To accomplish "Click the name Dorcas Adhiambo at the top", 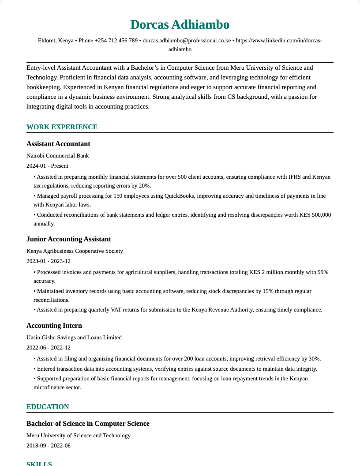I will coord(180,25).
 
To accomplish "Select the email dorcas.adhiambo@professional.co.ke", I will coord(187,41).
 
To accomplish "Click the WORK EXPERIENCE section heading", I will coord(62,127).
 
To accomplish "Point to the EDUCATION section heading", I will coord(48,407).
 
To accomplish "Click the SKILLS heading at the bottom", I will coord(39,463).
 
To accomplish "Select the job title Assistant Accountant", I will coord(58,144).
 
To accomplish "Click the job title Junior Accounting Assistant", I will coord(69,239).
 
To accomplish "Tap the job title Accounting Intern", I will coord(54,326).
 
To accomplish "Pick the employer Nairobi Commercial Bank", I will coord(58,156).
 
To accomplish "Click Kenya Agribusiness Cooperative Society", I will coord(75,251).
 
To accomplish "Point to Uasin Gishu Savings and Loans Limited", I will coord(74,338).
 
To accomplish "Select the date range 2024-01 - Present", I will coord(47,166).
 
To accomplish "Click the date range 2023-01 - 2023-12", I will coord(49,261).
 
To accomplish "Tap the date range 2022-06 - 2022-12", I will coord(49,348).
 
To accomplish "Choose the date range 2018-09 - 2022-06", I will coord(49,446).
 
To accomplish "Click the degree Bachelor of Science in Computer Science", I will coord(88,424).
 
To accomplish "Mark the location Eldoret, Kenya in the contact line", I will coord(56,41).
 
